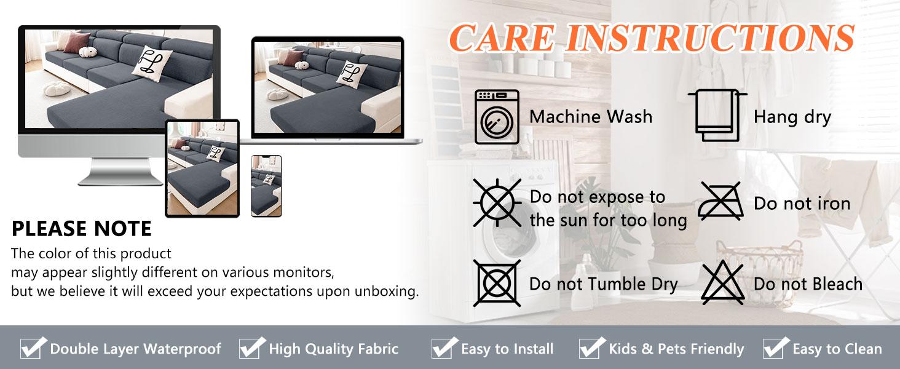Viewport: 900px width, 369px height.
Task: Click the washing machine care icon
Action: pos(497,117)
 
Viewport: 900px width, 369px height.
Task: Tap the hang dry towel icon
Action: pos(717,116)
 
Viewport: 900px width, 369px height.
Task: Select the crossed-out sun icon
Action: pos(497,202)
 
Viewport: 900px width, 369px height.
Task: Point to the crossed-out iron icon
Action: pos(721,201)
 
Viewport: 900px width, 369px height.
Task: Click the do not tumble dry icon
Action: pos(497,283)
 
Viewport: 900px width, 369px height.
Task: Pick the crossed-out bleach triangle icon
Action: pos(723,282)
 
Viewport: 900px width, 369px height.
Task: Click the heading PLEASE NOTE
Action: pos(82,228)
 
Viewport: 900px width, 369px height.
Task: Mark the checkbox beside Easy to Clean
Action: pos(776,347)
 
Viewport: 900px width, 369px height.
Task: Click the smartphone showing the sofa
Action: pos(266,186)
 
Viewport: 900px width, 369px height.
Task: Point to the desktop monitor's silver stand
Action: pos(120,172)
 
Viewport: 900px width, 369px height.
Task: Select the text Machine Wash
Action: pos(591,117)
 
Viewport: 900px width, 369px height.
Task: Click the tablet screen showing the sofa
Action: pos(202,169)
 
